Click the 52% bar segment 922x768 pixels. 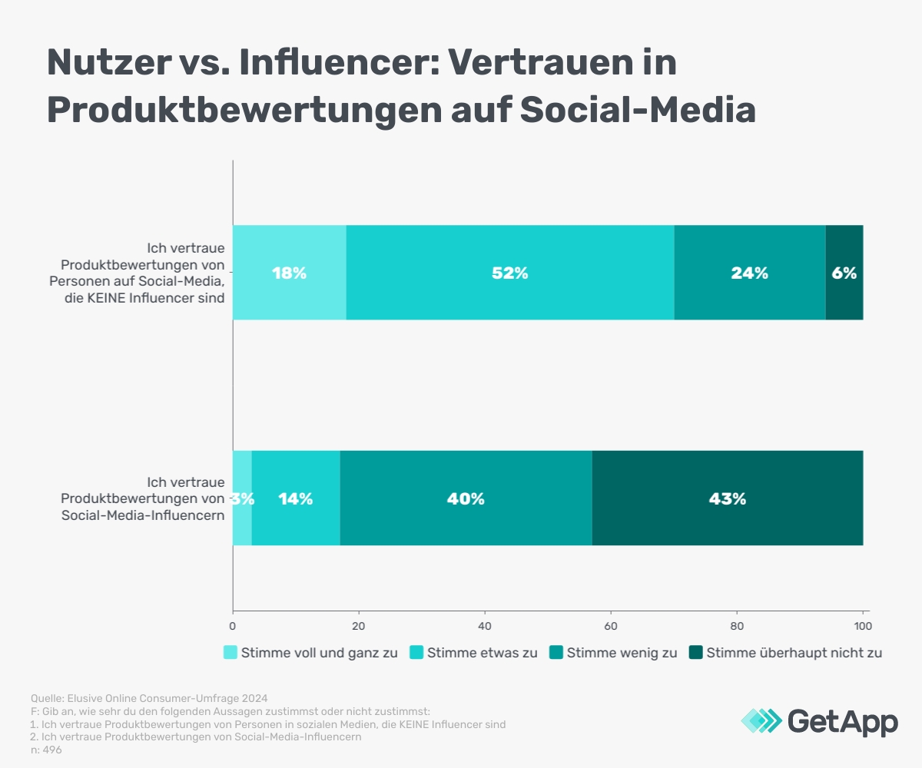510,273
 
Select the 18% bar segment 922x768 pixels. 289,273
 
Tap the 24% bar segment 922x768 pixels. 749,273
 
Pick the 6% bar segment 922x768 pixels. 844,273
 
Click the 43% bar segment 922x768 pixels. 727,498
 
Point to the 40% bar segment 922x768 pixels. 466,498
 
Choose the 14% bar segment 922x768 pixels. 296,498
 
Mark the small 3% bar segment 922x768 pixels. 242,498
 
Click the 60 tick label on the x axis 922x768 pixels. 611,627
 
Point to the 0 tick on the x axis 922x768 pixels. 233,627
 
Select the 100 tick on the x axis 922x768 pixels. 862,627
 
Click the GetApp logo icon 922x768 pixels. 761,721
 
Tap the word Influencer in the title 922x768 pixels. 321,63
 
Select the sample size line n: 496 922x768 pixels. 46,750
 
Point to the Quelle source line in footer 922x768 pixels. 149,698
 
